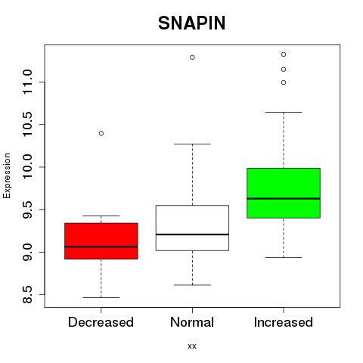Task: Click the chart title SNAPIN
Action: click(x=192, y=23)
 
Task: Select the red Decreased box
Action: click(x=101, y=241)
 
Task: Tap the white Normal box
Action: click(x=192, y=228)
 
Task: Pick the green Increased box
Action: click(x=284, y=193)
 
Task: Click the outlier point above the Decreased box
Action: click(x=101, y=133)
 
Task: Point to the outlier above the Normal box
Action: click(x=192, y=57)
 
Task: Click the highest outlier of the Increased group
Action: click(x=284, y=54)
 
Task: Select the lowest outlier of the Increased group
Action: click(x=284, y=82)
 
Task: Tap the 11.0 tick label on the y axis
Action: click(x=27, y=82)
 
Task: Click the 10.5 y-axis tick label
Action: click(x=27, y=124)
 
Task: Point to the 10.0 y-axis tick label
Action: click(x=27, y=167)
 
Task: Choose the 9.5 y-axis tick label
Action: click(x=27, y=209)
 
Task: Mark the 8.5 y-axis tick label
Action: click(x=27, y=294)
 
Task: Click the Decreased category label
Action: click(x=101, y=322)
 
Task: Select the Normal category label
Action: click(x=192, y=322)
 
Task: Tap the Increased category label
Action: click(x=284, y=322)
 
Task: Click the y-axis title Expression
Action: click(x=7, y=175)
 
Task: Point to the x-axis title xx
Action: click(x=192, y=346)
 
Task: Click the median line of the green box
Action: click(x=284, y=199)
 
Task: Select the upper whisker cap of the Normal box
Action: click(x=192, y=144)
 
